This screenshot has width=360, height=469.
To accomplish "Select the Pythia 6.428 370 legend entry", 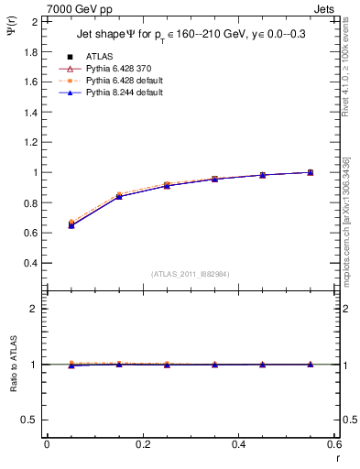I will [x=116, y=69].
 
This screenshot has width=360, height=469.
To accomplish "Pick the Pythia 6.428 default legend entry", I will [x=121, y=82].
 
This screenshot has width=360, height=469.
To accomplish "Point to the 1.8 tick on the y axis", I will [x=29, y=51].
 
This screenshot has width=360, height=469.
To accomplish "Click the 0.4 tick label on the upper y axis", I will [x=29, y=263].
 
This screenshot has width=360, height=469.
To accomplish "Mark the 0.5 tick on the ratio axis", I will [x=29, y=420].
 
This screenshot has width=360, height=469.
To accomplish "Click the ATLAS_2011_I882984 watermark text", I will [x=191, y=274].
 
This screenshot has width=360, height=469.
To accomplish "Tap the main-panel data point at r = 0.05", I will [x=71, y=224].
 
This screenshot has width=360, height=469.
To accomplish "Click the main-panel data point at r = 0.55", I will [x=311, y=172].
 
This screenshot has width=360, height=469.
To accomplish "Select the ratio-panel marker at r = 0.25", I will [x=167, y=365].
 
